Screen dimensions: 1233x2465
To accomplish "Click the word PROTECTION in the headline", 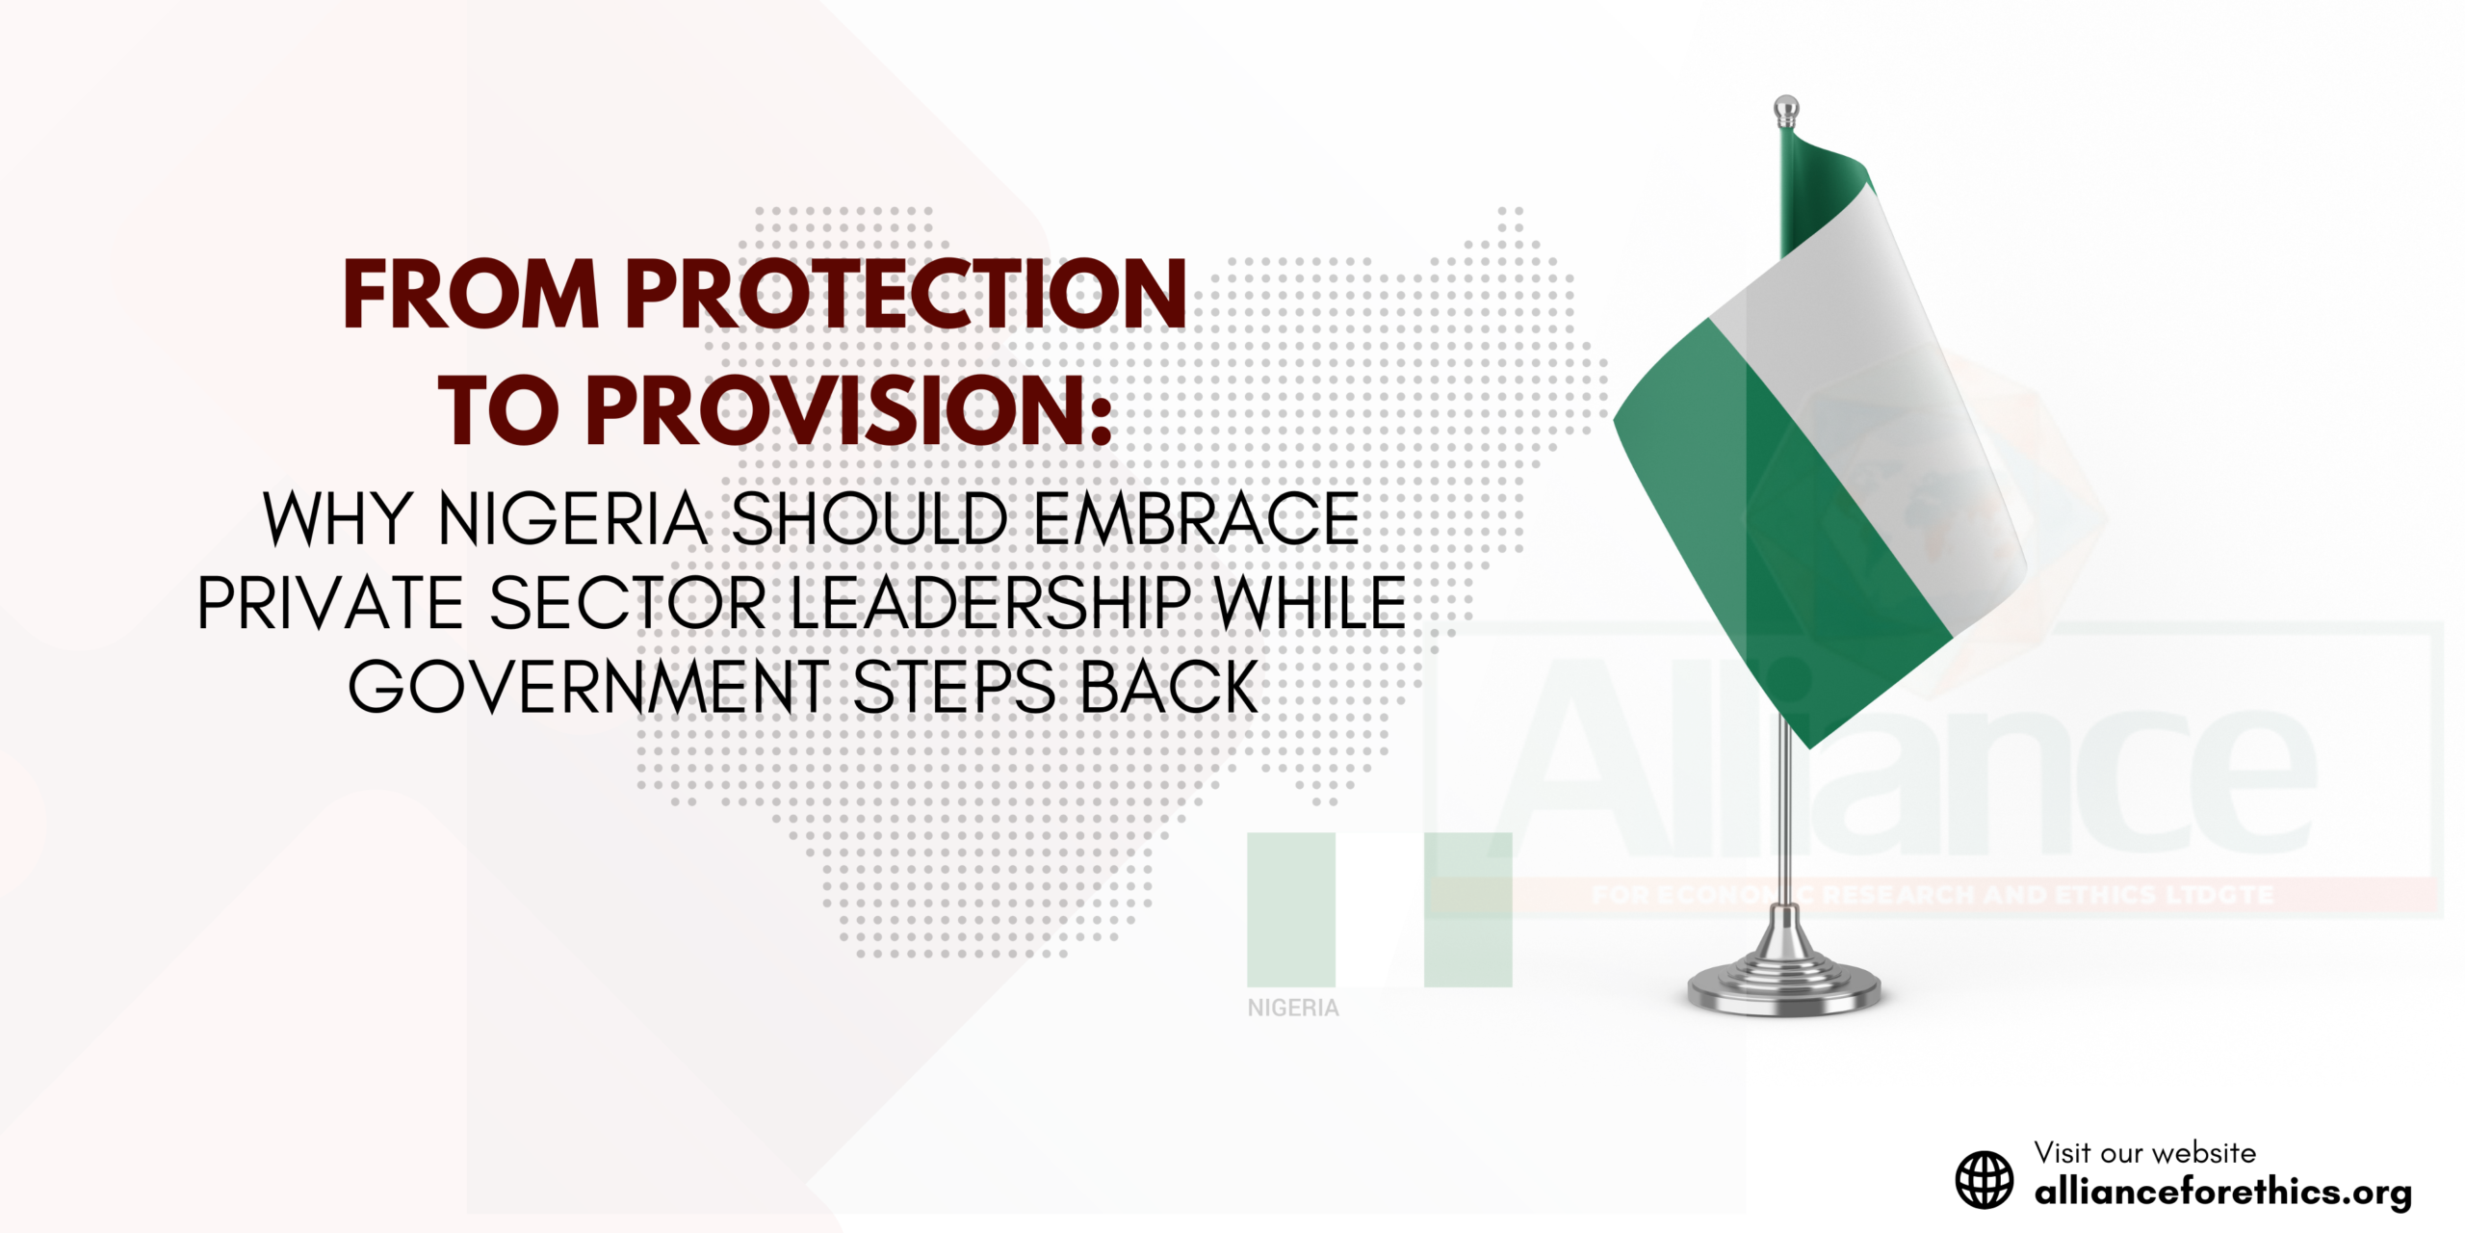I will (x=906, y=294).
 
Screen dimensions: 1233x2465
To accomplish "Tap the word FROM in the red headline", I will (x=471, y=294).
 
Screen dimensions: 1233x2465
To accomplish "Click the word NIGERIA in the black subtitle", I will (x=574, y=520).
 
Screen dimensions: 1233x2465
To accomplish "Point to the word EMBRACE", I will (x=1196, y=520).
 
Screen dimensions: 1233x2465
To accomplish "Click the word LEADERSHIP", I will (x=991, y=604).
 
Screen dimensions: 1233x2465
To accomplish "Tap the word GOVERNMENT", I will (x=588, y=688).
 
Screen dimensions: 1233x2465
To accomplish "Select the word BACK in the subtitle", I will (x=1169, y=688).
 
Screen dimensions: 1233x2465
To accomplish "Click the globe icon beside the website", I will (x=1984, y=1179).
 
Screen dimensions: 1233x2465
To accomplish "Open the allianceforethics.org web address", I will (x=2222, y=1193).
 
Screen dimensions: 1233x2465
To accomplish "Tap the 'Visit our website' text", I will (x=2144, y=1152).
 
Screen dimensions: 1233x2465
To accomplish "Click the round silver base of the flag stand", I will (x=1784, y=987).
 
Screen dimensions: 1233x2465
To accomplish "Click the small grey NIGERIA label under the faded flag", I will (x=1293, y=1008).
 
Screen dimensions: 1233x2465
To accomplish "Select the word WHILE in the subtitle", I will (x=1310, y=604).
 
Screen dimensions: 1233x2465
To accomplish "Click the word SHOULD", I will (x=869, y=520).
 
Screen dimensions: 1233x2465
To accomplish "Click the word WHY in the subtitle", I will (x=338, y=520).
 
